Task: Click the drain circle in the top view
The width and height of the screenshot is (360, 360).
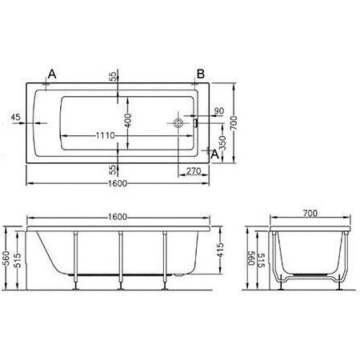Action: tap(178, 123)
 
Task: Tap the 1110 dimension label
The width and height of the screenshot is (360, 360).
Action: tap(105, 135)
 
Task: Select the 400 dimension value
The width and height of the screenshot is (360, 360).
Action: tap(128, 120)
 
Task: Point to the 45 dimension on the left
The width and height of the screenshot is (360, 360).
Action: tap(16, 117)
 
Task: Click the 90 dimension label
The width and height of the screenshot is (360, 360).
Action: tap(219, 110)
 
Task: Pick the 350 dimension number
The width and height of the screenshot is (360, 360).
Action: tap(223, 143)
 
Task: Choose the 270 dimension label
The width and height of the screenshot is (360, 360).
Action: tap(194, 170)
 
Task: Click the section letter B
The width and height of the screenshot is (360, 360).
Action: tap(201, 74)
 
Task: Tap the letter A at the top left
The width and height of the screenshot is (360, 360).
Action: tap(52, 74)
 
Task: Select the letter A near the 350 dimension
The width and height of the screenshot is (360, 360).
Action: tap(215, 154)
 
